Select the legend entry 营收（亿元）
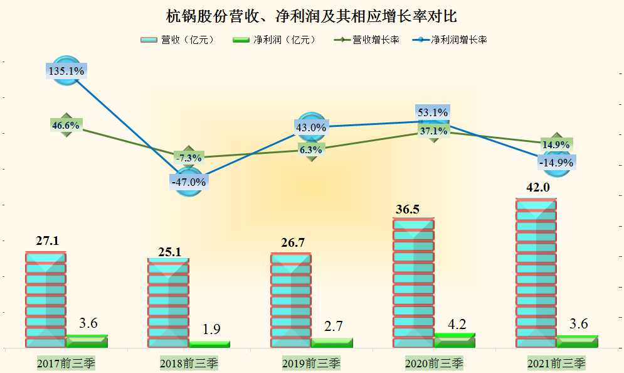point(178,40)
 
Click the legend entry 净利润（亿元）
point(275,40)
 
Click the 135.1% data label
point(66,71)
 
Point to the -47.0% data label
point(188,182)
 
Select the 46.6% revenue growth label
point(66,126)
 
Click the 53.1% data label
point(433,113)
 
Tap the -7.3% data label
point(188,157)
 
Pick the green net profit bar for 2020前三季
point(455,340)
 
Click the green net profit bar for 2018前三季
point(209,344)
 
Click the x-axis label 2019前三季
point(311,363)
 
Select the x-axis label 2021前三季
point(556,363)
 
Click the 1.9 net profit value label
point(211,329)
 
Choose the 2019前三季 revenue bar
point(291,300)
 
